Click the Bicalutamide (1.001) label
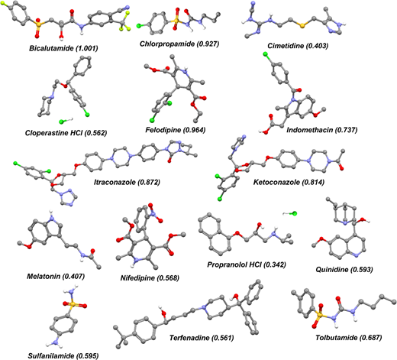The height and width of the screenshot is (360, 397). tap(63, 48)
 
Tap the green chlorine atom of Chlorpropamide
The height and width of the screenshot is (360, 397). tap(139, 26)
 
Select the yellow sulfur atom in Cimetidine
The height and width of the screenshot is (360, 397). tap(302, 26)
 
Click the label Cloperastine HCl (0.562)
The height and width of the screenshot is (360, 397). tap(66, 133)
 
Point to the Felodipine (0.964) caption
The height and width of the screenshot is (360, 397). tap(176, 130)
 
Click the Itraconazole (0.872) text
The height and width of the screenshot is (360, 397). tap(127, 182)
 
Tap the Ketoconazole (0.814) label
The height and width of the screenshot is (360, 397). tap(289, 182)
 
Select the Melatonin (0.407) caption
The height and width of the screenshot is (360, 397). tap(56, 276)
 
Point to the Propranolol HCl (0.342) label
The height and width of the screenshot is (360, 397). tap(247, 264)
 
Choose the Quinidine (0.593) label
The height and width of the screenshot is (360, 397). tap(344, 269)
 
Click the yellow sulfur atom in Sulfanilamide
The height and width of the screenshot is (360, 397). tap(73, 304)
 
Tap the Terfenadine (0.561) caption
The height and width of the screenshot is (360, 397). tap(202, 338)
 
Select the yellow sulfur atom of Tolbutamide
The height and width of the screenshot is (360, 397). tap(319, 316)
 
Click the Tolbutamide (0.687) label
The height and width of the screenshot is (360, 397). tap(349, 338)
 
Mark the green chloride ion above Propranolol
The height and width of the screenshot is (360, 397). tap(295, 213)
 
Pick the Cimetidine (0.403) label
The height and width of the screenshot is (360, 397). tap(298, 46)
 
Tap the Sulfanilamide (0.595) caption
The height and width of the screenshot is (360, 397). tap(63, 355)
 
